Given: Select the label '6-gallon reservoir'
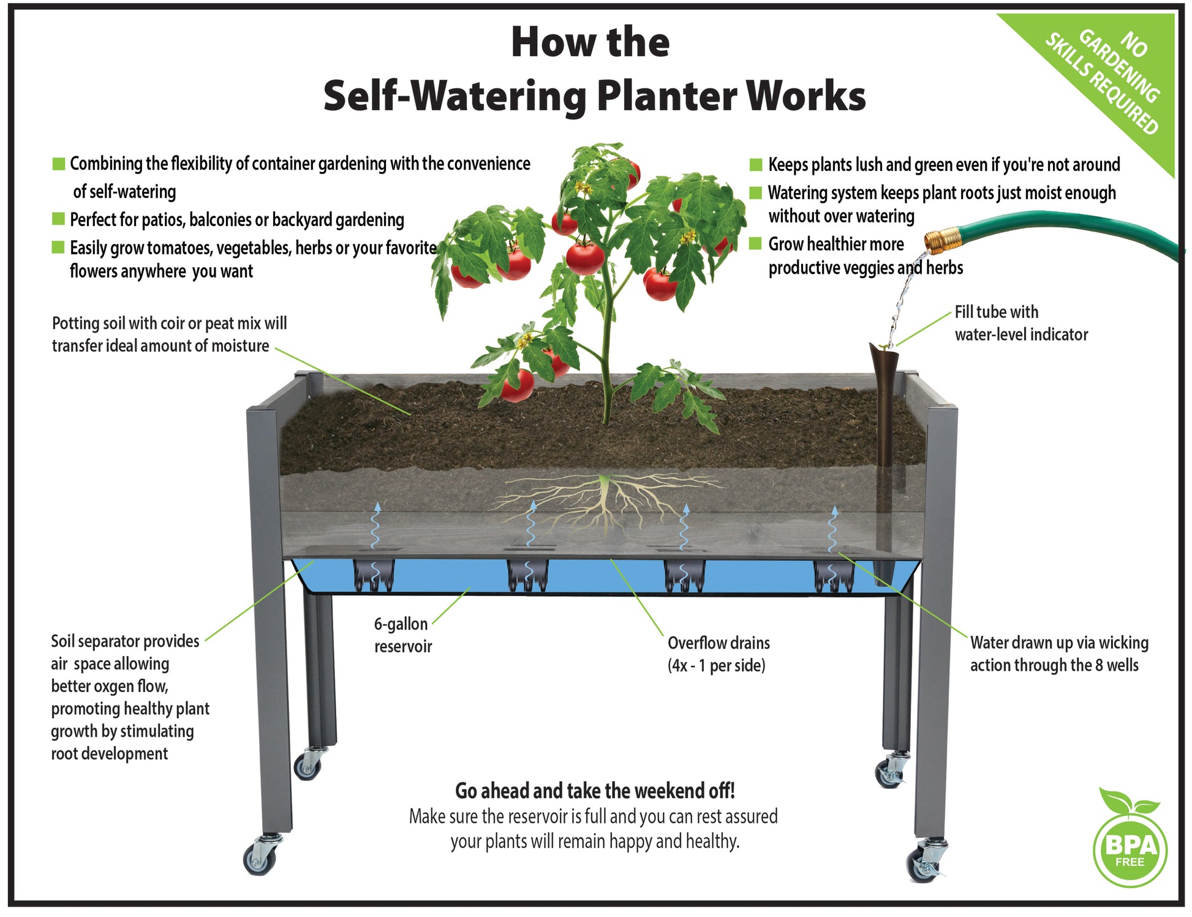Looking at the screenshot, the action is click(x=403, y=635).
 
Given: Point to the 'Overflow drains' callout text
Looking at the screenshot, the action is click(x=719, y=654).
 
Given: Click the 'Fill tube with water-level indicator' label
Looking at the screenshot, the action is click(x=1021, y=323).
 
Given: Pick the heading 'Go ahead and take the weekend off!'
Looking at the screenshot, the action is click(x=595, y=791).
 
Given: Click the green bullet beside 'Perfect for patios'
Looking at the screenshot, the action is click(x=59, y=219).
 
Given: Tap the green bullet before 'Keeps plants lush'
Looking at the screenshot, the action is click(x=756, y=164).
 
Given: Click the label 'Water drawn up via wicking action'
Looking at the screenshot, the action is click(x=1059, y=654).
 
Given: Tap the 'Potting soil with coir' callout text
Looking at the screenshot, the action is click(x=170, y=334).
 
